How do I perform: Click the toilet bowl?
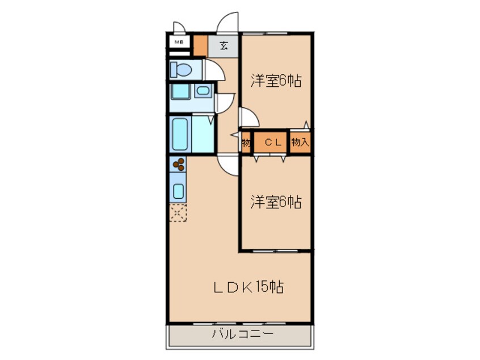(x=182, y=70)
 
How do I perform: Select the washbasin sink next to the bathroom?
(x=202, y=90)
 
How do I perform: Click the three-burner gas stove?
(x=178, y=165)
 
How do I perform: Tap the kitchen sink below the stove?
(x=178, y=190)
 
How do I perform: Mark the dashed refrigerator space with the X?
(x=178, y=213)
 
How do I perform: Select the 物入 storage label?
(x=300, y=143)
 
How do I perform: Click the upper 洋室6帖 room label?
(x=276, y=81)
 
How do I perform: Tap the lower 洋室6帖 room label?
(x=276, y=202)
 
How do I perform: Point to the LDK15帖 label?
(x=248, y=287)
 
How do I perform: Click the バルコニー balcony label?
(x=242, y=333)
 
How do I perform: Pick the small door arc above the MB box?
(x=178, y=27)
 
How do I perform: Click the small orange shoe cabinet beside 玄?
(x=200, y=46)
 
